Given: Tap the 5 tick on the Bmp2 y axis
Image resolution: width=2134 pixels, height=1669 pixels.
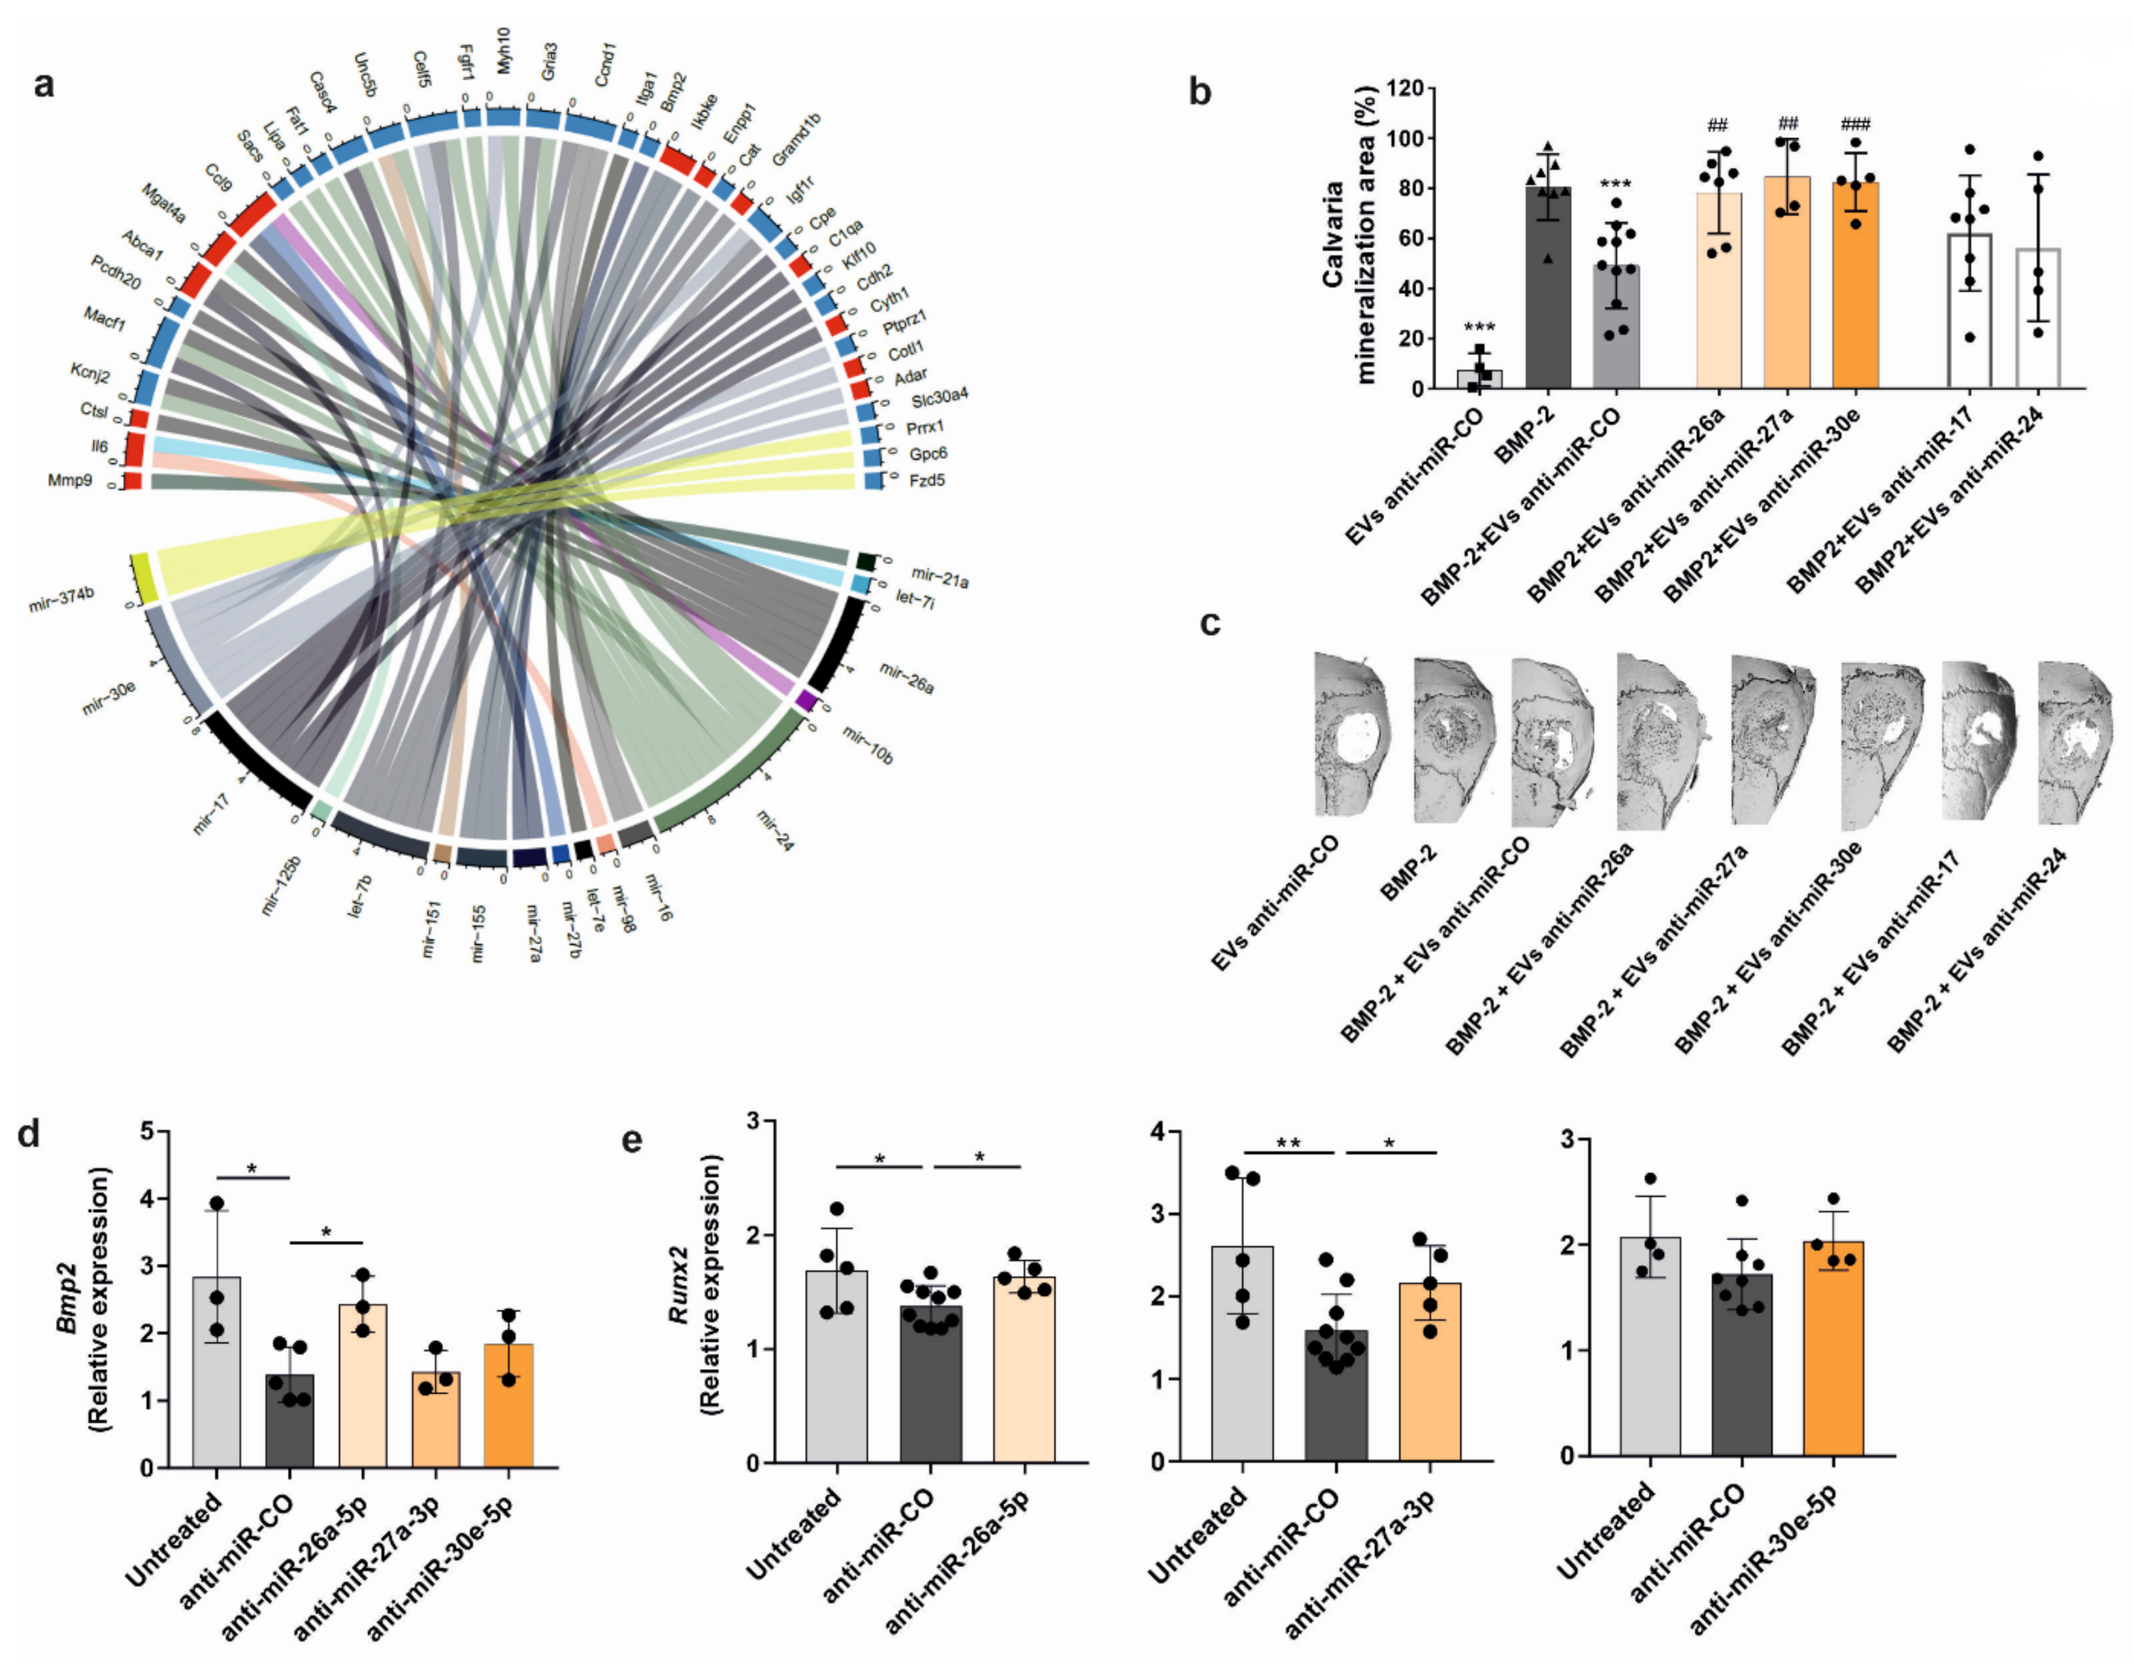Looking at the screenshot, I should tap(148, 1132).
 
